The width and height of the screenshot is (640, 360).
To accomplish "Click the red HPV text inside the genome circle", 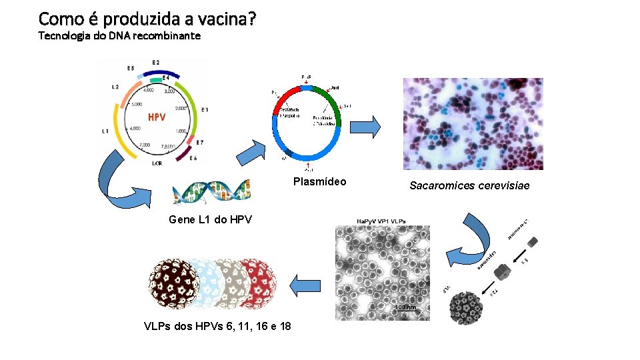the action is tap(157, 117).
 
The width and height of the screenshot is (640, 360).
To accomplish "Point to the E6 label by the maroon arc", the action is tap(193, 159).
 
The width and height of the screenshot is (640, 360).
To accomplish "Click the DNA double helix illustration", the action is tap(211, 192).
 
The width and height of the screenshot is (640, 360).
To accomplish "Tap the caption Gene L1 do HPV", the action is tap(210, 219).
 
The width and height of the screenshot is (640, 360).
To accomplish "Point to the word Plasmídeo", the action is tap(320, 182).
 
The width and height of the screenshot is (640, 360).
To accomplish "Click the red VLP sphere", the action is tap(255, 282).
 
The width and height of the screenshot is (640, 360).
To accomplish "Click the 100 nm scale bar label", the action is tap(405, 307).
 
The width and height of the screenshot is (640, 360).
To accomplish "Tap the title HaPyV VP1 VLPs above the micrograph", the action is tap(381, 221).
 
